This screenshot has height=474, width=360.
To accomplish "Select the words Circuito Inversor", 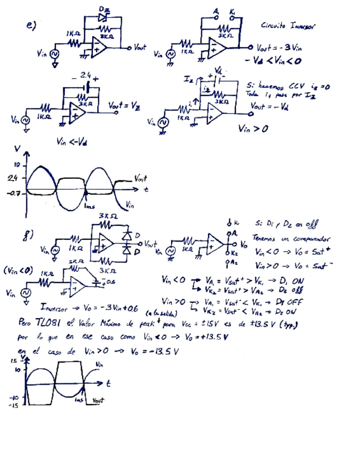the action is pos(288,26).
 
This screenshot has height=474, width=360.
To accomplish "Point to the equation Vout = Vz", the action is pos(119,105).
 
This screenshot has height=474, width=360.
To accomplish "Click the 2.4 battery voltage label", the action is pos(86,74).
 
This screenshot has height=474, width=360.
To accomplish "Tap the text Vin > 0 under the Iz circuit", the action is pos(253,129).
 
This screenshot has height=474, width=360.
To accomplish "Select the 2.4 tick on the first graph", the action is pos(12,178).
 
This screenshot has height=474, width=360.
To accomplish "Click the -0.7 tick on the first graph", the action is pos(12,193).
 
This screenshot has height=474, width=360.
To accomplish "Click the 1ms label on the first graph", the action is pos(89,206).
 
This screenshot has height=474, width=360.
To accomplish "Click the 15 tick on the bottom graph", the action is pos(13,362).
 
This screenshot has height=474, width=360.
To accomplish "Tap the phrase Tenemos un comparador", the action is pos(287,236).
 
